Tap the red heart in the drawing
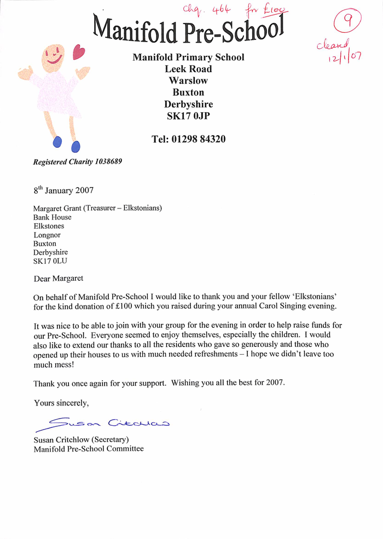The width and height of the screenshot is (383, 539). pos(79,52)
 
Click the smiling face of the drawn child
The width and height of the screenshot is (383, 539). pos(54,56)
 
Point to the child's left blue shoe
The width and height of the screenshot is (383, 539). pos(57,142)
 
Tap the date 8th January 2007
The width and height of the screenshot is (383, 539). pos(63,190)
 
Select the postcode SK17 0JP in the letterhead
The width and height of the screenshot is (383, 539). pos(188,116)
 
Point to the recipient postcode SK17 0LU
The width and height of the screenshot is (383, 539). pos(50,261)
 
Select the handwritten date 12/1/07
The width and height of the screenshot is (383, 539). pos(345,57)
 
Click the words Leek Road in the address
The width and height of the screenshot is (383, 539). pos(188,69)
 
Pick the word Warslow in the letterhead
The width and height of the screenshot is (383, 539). pos(188,80)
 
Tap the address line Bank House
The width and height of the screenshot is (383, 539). pos(52,217)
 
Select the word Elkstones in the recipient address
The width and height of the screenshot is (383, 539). pos(49,226)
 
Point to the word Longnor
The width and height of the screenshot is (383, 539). pos(47,235)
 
